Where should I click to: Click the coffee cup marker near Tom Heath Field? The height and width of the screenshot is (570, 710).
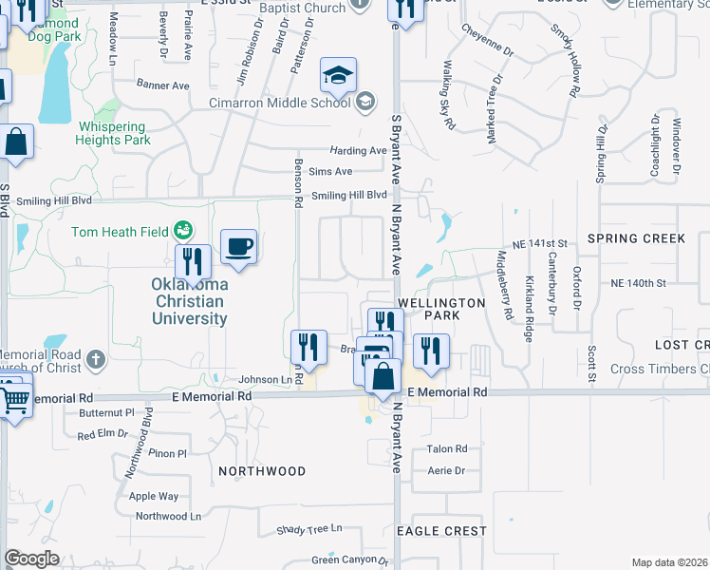(x=238, y=249)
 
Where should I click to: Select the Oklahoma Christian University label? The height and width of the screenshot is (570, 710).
(x=189, y=301)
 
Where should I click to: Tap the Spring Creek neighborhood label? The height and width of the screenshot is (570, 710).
(x=636, y=237)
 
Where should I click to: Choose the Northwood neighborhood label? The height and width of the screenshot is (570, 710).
(x=262, y=471)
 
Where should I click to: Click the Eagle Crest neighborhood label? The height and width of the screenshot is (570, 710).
(x=441, y=531)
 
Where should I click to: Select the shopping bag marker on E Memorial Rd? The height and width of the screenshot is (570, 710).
(x=383, y=377)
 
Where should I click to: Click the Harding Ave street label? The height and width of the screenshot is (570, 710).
(x=358, y=151)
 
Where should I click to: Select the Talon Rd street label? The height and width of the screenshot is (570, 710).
(x=447, y=449)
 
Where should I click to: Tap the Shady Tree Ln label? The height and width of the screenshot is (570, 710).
(x=309, y=529)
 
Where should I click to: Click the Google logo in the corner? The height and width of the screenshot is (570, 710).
(x=31, y=559)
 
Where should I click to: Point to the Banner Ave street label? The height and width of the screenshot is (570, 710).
(x=158, y=84)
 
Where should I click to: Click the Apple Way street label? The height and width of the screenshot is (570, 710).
(x=154, y=496)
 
